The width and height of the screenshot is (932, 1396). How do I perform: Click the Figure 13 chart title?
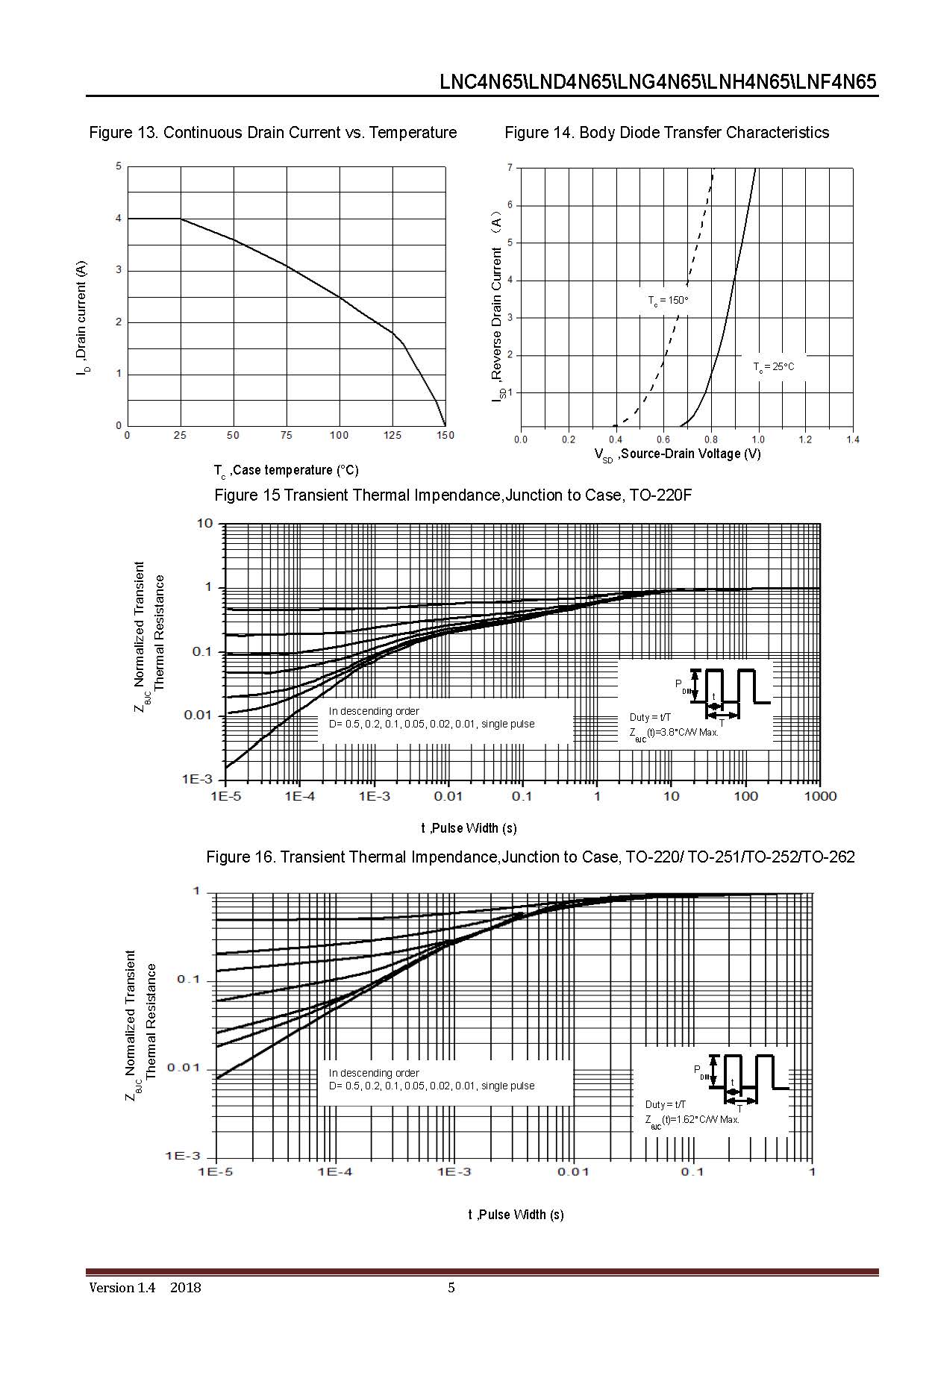(272, 133)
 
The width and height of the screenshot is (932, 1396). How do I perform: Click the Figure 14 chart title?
(666, 133)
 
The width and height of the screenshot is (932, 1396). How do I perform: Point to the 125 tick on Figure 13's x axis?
(392, 436)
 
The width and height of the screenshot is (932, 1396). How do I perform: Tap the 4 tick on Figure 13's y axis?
(119, 219)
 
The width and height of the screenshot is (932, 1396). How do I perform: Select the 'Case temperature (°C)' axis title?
(287, 470)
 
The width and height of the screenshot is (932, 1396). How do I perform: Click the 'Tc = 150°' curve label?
(667, 300)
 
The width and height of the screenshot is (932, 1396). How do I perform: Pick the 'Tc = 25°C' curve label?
(774, 367)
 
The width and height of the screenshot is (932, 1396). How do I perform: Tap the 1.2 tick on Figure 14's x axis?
(805, 439)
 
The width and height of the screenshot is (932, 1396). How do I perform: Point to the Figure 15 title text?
(453, 495)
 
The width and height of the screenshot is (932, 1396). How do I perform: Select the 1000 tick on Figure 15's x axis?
(820, 796)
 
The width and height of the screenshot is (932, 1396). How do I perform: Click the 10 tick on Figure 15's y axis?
(204, 523)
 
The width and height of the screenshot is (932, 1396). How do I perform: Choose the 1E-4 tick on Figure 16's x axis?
(334, 1172)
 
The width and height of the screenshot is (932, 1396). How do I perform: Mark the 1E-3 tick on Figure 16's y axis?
(183, 1156)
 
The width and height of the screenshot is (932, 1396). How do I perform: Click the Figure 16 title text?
(530, 857)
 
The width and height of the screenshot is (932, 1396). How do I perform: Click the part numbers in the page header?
(657, 82)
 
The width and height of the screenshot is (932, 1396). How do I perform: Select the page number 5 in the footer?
(451, 1287)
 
